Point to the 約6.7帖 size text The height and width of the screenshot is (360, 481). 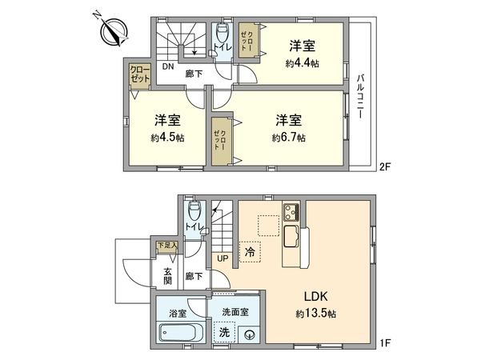tap(289, 137)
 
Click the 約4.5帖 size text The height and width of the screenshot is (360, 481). tap(166, 137)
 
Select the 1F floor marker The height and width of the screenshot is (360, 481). tap(385, 344)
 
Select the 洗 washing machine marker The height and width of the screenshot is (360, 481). tap(223, 330)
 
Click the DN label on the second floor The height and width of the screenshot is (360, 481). tap(166, 67)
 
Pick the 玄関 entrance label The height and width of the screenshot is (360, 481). tap(168, 277)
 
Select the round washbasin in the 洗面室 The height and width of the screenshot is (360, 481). tap(250, 335)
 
